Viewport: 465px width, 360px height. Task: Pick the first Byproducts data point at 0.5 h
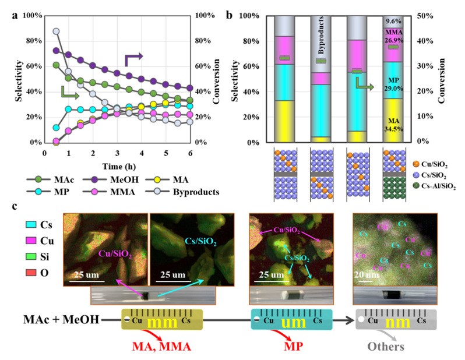(x=56, y=31)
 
